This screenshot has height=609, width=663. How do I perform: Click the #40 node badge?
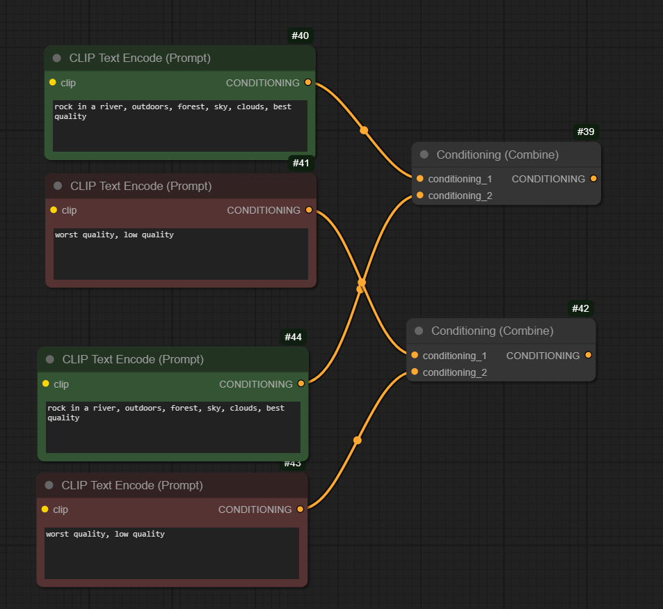(300, 35)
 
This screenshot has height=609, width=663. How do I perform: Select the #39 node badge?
(586, 132)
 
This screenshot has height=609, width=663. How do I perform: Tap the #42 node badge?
(582, 308)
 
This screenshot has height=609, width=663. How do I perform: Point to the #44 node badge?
(293, 337)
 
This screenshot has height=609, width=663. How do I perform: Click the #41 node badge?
(301, 164)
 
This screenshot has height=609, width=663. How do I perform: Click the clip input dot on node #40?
(53, 82)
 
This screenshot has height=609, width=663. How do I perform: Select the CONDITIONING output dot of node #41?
(309, 210)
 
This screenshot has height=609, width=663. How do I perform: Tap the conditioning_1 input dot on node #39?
(420, 179)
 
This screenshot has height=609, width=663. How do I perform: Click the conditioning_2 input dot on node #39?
(420, 196)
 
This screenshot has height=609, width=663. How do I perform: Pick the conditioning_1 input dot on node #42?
(415, 356)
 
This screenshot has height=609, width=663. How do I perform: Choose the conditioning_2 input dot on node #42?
(415, 372)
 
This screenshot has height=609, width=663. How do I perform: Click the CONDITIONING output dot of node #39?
(593, 179)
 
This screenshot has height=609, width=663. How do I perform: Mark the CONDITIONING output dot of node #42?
(589, 356)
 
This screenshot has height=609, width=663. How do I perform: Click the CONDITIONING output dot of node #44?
(301, 383)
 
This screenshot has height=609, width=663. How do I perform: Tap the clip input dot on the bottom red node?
(45, 509)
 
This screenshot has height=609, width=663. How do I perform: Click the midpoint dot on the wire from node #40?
(364, 130)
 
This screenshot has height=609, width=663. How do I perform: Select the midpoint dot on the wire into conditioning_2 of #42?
(358, 441)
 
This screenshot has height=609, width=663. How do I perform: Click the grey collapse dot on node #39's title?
(424, 155)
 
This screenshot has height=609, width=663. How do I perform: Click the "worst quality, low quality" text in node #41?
(114, 235)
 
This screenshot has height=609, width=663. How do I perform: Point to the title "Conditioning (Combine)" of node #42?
(492, 331)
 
